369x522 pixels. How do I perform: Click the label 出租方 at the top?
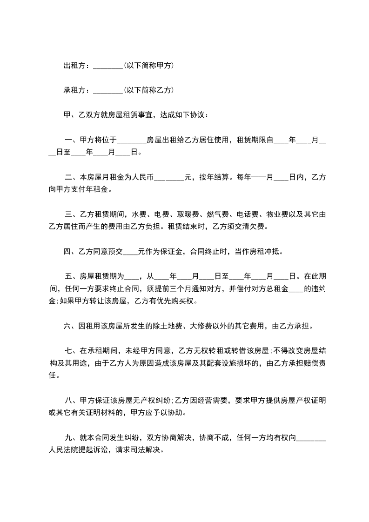click(x=74, y=66)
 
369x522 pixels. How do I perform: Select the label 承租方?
click(x=74, y=90)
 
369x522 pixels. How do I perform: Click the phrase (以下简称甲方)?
click(x=149, y=66)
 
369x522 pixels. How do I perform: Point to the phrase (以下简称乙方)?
click(x=149, y=90)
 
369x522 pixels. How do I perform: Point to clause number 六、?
click(x=70, y=326)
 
